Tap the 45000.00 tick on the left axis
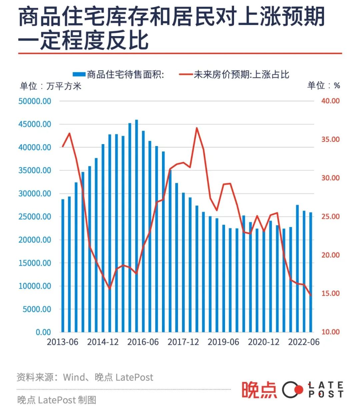click(x=35, y=124)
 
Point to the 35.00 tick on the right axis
click(x=330, y=139)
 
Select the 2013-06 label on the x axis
click(x=62, y=342)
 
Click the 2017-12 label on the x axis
click(x=183, y=342)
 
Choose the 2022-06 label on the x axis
click(x=304, y=342)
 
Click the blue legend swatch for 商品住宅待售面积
click(x=79, y=74)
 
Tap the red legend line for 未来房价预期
click(x=186, y=74)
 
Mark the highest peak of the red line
click(x=197, y=128)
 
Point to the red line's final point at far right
click(x=311, y=295)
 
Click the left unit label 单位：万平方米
click(x=50, y=86)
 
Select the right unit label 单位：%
click(x=323, y=86)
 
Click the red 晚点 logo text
click(x=259, y=390)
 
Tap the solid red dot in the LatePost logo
click(x=299, y=389)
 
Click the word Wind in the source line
click(x=74, y=377)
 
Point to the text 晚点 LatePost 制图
click(x=57, y=400)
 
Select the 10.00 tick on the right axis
click(x=330, y=332)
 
